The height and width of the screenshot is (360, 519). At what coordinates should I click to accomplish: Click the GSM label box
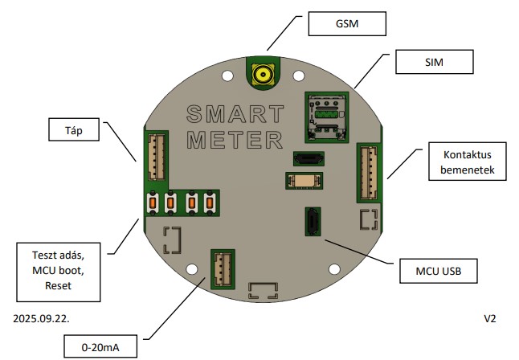348,24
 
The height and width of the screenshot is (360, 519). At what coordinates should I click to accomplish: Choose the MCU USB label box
439,269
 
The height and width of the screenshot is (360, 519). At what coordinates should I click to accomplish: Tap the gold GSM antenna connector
261,76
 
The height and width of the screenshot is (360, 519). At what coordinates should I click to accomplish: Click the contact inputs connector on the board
369,172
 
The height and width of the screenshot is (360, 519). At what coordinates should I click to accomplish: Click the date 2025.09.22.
41,318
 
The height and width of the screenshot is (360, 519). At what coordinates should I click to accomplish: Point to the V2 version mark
490,318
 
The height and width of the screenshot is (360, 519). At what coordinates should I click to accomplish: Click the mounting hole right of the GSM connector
298,76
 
